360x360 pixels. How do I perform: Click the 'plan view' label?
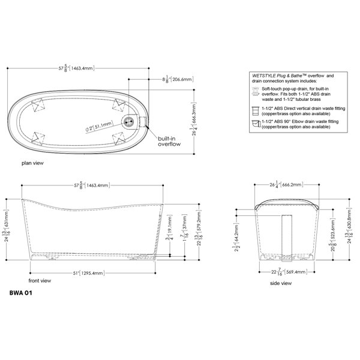(x=32, y=163)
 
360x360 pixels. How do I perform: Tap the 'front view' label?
(x=40, y=280)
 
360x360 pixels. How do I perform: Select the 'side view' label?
(x=280, y=283)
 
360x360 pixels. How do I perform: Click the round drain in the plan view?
(x=128, y=121)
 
